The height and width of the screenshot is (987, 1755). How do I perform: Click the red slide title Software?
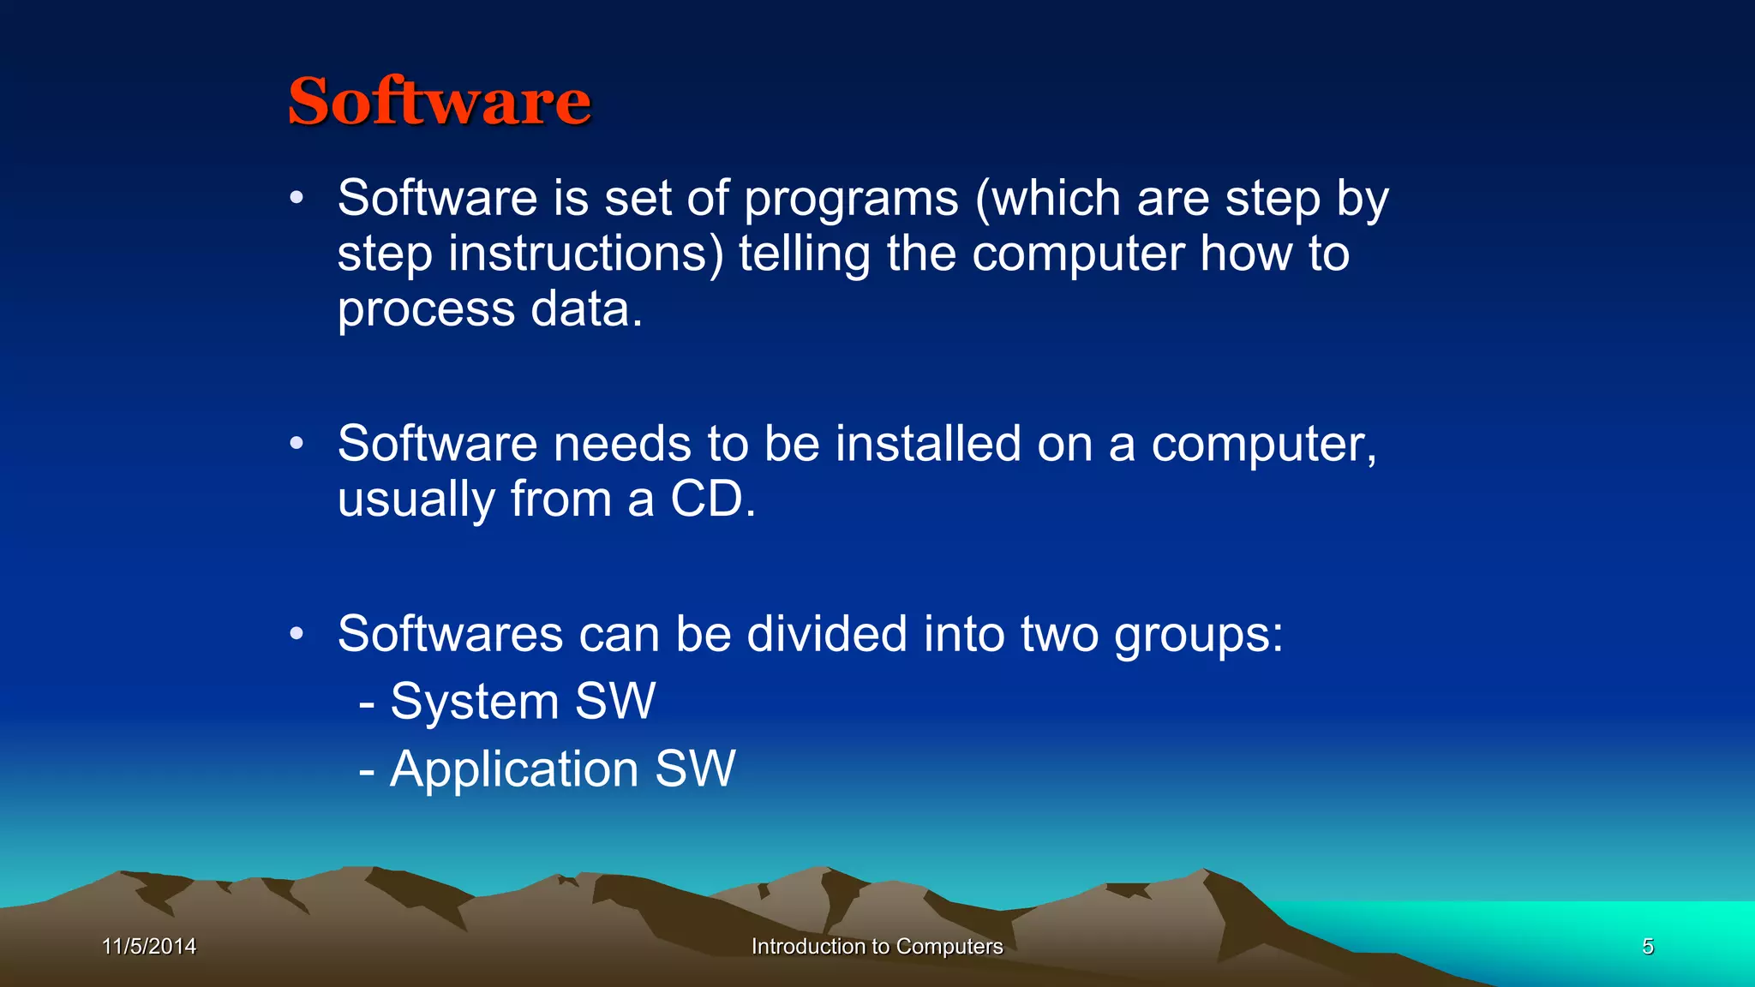[x=439, y=101]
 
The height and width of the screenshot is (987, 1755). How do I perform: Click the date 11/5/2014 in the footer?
[x=149, y=946]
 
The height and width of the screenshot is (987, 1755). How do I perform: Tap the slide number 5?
[x=1647, y=946]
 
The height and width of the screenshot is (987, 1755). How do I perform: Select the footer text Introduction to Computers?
[x=877, y=946]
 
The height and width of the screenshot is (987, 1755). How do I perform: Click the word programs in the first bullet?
[x=850, y=200]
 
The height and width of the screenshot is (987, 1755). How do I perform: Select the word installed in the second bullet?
[x=927, y=444]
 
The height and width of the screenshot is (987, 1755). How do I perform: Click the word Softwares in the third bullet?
[x=450, y=634]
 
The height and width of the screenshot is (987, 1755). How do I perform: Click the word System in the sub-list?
[x=474, y=702]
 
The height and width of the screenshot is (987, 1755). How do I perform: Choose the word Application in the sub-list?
[x=514, y=769]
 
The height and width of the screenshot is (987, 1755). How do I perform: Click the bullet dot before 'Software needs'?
[x=296, y=444]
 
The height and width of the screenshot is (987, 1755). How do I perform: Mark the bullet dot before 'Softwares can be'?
[x=296, y=634]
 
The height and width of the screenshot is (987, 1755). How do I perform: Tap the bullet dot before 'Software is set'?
[x=296, y=199]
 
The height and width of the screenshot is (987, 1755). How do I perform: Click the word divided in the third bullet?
[x=826, y=634]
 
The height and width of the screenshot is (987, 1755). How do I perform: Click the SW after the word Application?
[x=695, y=769]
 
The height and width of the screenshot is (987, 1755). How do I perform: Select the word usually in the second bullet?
[x=416, y=500]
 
